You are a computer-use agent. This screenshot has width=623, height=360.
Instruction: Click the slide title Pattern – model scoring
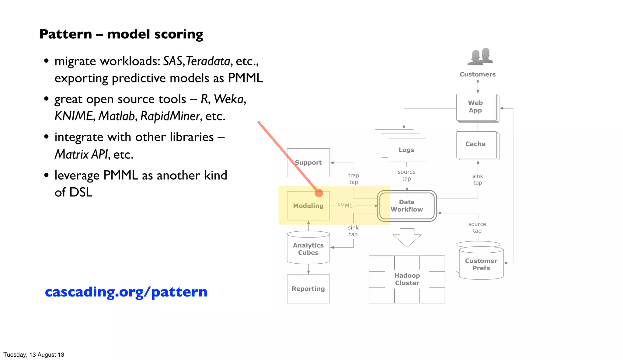click(121, 34)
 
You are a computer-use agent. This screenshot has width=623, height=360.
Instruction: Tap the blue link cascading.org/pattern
click(126, 292)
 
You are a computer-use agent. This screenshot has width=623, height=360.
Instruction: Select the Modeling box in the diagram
click(308, 206)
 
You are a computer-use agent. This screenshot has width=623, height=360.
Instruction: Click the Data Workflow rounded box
click(407, 206)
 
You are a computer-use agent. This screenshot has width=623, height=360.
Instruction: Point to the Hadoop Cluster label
click(407, 279)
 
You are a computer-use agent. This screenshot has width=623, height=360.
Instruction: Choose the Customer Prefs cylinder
click(481, 264)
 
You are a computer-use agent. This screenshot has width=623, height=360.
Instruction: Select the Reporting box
click(308, 289)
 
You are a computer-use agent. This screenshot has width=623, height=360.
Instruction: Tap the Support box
click(308, 163)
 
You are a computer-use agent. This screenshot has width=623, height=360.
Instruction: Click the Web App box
click(475, 107)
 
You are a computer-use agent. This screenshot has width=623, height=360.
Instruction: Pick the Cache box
click(475, 144)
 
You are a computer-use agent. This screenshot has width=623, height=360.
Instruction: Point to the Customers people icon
click(480, 57)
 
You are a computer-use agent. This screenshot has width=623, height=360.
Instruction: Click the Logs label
click(406, 150)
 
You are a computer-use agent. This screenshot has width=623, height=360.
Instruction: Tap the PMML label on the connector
click(345, 206)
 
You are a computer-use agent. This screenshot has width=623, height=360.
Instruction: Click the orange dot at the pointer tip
click(319, 193)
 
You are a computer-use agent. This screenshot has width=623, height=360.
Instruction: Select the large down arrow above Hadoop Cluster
click(407, 237)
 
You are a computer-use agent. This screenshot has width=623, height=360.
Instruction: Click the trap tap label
click(353, 179)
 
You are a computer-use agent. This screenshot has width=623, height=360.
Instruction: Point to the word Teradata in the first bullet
click(208, 61)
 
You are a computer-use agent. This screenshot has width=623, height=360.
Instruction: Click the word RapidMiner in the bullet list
click(170, 116)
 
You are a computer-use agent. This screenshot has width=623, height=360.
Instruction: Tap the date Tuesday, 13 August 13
click(34, 355)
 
